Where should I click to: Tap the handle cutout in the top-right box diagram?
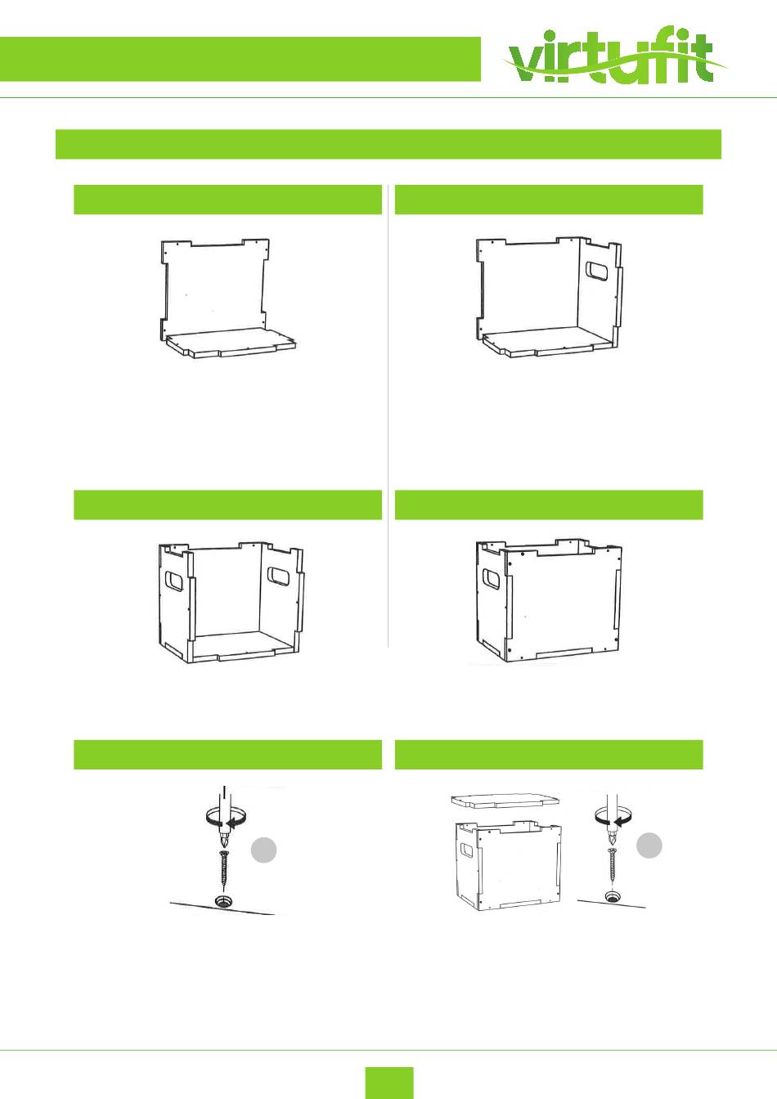pyautogui.click(x=597, y=271)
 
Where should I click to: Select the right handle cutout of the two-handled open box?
pyautogui.click(x=279, y=576)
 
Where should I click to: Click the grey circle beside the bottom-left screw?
pyautogui.click(x=263, y=850)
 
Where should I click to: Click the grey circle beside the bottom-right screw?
pyautogui.click(x=649, y=846)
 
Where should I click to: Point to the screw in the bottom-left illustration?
pyautogui.click(x=225, y=872)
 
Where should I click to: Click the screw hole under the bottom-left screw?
pyautogui.click(x=225, y=901)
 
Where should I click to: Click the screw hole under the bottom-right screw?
pyautogui.click(x=612, y=896)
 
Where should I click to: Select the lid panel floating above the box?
pyautogui.click(x=505, y=800)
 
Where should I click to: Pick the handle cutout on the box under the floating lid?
pyautogui.click(x=467, y=852)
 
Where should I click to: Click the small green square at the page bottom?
pyautogui.click(x=389, y=1082)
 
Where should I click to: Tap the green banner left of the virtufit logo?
pyautogui.click(x=240, y=59)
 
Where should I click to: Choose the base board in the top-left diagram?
pyautogui.click(x=231, y=343)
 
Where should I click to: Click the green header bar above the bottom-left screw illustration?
pyautogui.click(x=227, y=754)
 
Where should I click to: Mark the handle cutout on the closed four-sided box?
pyautogui.click(x=492, y=579)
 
